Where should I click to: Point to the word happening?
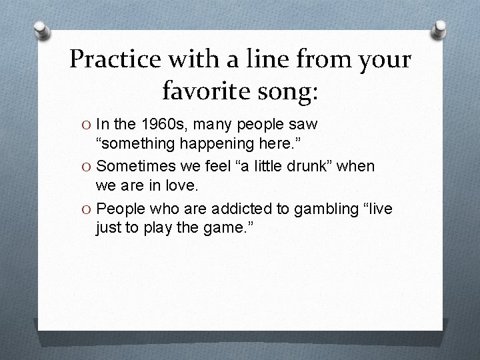click(x=229, y=144)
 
